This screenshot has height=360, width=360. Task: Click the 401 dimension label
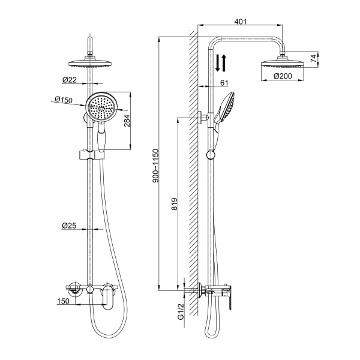pos(241,22)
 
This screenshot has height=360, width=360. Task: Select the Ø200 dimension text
pos(283,76)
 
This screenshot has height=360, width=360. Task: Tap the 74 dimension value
pos(314,59)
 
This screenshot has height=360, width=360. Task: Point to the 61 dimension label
pos(224,83)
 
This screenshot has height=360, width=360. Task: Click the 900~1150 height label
pos(156,166)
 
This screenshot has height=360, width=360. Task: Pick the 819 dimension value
pos(175,204)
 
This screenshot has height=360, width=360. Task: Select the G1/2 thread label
pos(181,311)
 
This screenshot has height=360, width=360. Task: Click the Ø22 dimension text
pos(69,80)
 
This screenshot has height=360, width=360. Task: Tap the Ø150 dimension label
pos(64,100)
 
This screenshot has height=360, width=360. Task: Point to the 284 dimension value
pos(127,121)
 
